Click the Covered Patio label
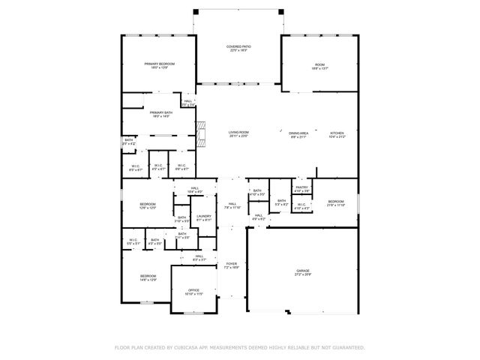pos(238,46)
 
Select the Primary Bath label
pos(161,112)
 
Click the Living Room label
pos(238,133)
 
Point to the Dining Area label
pos(298,133)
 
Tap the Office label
pos(193,289)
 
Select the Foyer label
pos(232,263)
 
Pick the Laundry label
pos(203,216)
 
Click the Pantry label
pos(301,187)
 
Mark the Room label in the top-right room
pos(319,64)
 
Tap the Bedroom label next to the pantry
pos(335,201)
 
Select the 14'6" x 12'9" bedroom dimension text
pos(148,280)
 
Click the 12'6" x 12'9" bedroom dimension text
pos(148,208)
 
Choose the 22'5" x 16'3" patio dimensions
pos(238,51)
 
